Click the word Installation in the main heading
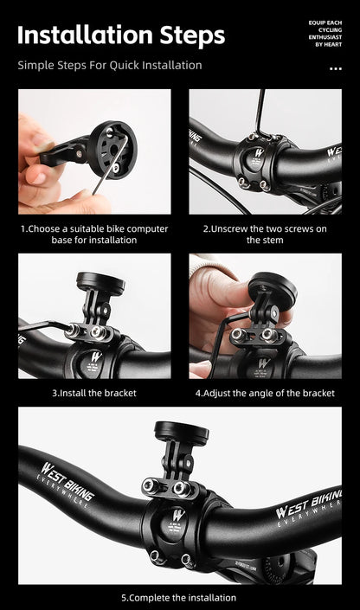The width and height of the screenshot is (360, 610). [x=85, y=35]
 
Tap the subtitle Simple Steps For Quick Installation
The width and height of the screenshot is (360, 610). [x=110, y=66]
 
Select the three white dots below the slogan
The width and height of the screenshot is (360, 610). [x=336, y=68]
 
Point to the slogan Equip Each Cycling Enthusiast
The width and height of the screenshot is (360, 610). [x=325, y=34]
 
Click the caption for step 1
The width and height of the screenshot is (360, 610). [x=94, y=234]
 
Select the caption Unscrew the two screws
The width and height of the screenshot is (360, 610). [x=265, y=234]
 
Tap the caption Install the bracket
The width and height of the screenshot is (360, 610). [x=94, y=393]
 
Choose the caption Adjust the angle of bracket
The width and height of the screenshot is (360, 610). [x=265, y=393]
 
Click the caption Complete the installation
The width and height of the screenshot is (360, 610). [x=178, y=598]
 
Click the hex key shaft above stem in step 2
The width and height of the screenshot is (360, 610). [x=260, y=113]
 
